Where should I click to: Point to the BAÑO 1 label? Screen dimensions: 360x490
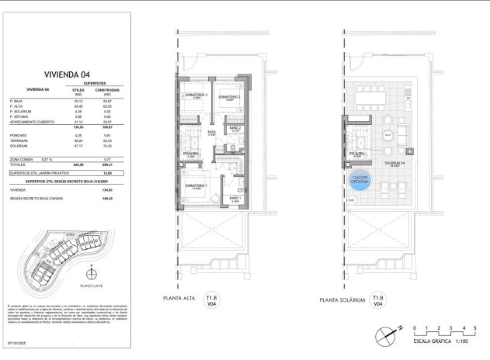coord(236,199)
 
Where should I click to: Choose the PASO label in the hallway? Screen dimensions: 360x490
coord(211,133)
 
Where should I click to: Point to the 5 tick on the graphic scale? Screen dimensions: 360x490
coord(474,329)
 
